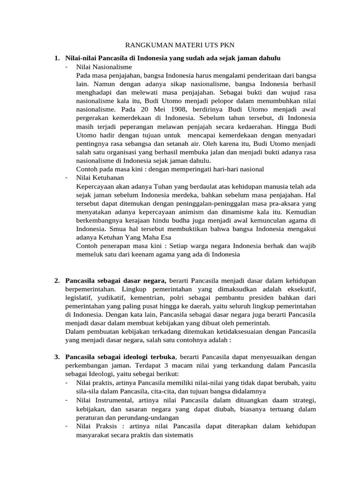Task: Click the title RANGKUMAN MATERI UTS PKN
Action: [x=180, y=45]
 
